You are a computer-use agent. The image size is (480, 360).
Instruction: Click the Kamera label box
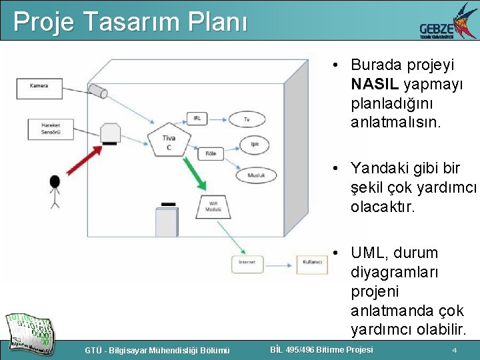tap(39, 86)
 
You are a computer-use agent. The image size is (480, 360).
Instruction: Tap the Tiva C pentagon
tap(169, 141)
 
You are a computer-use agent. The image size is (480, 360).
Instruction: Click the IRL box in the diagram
tap(197, 118)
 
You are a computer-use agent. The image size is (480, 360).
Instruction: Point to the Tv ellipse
tap(247, 120)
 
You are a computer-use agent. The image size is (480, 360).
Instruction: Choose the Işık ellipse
tap(254, 144)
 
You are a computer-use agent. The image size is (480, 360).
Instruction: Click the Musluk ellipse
tap(257, 175)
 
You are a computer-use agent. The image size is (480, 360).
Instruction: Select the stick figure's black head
tap(55, 181)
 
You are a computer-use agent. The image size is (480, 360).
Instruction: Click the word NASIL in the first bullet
tap(375, 84)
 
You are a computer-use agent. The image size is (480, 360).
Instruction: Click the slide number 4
tap(454, 350)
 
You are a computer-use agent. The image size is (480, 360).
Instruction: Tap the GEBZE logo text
tap(436, 29)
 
